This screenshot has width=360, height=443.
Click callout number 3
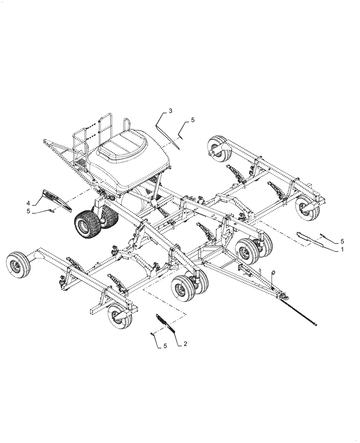(x=170, y=111)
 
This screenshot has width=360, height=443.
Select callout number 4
(x=28, y=203)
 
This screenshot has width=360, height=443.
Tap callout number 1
(x=342, y=250)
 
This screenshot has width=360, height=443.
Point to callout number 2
(x=185, y=344)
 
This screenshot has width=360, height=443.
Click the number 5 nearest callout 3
(x=192, y=120)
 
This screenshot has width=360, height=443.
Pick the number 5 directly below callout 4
(x=28, y=212)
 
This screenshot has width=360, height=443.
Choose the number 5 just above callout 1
(x=342, y=241)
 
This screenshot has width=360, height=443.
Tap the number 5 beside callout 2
(x=165, y=346)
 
